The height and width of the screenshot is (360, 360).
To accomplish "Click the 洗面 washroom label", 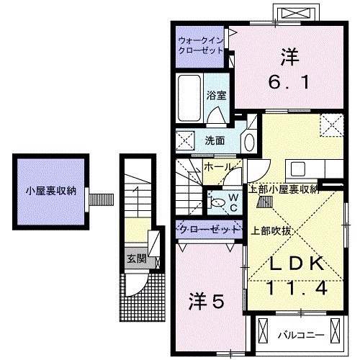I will click(215, 140).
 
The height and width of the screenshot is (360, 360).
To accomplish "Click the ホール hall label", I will click(217, 167).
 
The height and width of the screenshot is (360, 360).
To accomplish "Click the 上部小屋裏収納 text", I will click(283, 189).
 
